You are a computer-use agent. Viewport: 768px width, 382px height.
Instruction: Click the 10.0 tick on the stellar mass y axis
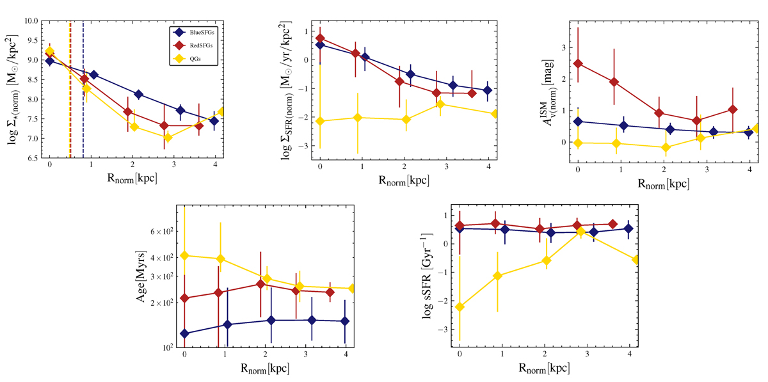click(30, 21)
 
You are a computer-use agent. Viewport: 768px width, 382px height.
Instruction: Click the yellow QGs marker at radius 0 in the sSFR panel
click(460, 307)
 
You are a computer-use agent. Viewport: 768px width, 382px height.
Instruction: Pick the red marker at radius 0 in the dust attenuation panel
click(578, 63)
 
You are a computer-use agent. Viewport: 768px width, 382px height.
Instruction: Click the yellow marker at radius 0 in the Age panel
click(184, 256)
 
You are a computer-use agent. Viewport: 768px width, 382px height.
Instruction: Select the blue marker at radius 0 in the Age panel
click(184, 333)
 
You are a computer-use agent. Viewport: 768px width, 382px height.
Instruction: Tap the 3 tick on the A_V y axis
click(563, 47)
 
